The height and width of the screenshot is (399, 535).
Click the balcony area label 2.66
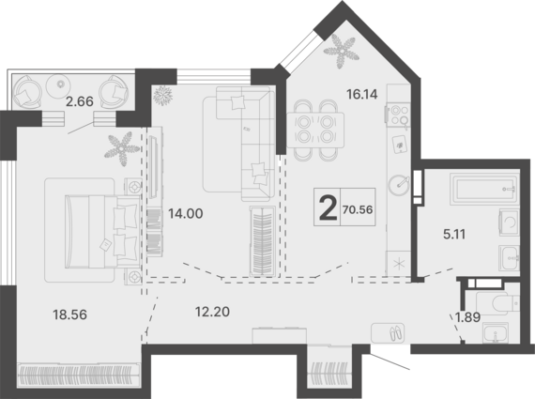click(80, 101)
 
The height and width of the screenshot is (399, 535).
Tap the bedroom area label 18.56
click(70, 315)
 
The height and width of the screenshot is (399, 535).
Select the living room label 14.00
click(186, 214)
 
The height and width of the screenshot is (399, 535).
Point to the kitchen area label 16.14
click(362, 94)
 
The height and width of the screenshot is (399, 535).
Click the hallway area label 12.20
click(212, 312)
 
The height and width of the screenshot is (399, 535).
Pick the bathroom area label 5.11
click(454, 235)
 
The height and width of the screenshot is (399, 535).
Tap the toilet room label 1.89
click(468, 317)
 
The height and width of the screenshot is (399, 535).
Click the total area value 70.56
click(358, 209)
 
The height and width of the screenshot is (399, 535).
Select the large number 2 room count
click(328, 207)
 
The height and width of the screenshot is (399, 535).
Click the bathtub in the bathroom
click(485, 189)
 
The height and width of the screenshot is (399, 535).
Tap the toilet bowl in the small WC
click(498, 302)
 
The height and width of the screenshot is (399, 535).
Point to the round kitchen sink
click(399, 185)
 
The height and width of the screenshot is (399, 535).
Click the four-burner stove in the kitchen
click(399, 115)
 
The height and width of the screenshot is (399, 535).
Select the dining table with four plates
click(315, 130)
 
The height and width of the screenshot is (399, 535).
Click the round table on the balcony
click(58, 84)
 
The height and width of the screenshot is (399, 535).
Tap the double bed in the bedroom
click(102, 231)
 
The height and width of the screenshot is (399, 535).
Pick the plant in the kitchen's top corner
click(342, 52)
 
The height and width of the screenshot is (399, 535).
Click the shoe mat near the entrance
click(388, 332)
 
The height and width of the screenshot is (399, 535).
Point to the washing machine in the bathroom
click(509, 222)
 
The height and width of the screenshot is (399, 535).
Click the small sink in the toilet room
click(496, 332)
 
